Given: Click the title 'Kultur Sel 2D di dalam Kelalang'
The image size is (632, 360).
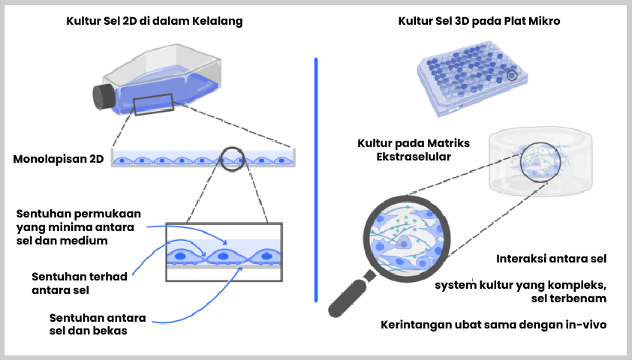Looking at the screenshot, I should [154, 22].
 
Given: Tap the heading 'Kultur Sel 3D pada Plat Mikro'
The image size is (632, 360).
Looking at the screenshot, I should [479, 22].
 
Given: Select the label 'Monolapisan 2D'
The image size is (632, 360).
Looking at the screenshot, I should [59, 159].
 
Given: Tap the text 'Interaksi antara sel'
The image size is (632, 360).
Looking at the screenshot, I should [551, 259].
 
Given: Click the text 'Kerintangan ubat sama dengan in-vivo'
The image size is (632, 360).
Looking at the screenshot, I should [492, 325].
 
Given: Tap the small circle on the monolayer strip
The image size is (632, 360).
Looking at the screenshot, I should [232, 158].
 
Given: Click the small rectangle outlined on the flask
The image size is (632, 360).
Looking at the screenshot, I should [153, 105].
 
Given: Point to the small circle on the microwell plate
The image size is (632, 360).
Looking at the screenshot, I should [513, 75].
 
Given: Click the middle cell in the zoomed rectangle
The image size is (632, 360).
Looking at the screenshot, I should [224, 257].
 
